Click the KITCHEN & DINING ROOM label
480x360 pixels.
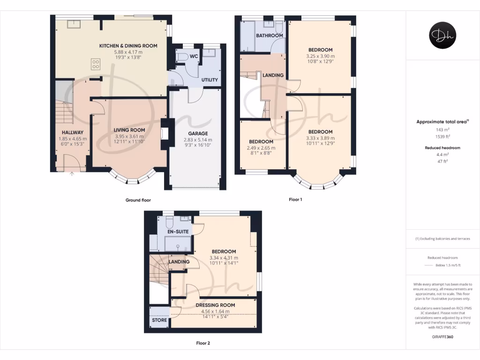coord(128,45)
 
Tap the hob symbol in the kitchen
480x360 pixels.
coord(96,64)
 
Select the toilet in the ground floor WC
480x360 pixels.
coord(182,56)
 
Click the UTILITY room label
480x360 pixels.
coord(210,80)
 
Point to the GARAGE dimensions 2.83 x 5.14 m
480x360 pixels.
coord(198,140)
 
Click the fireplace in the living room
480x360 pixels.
coord(164,134)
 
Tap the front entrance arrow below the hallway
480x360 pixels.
coord(72,174)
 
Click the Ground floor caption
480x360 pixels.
coord(138,200)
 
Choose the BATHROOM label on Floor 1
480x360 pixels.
coord(269,36)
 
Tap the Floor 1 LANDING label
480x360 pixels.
coord(273,75)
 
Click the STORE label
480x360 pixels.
coord(159,320)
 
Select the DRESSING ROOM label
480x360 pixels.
coord(215,305)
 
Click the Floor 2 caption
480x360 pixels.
coord(203,343)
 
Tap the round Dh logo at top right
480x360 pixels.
coord(442,36)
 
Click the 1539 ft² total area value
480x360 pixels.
coord(442,136)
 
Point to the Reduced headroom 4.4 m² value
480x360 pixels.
coord(442,154)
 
